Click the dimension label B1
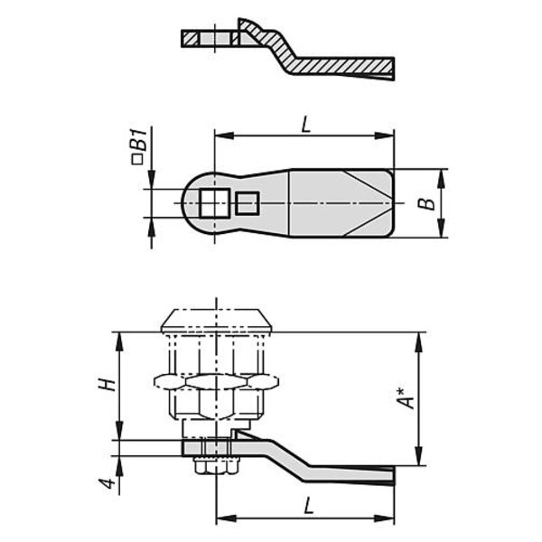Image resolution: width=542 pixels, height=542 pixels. coord(141,140)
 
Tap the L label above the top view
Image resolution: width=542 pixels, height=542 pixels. coord(306,125)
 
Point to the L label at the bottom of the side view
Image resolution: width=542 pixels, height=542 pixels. coord(308,506)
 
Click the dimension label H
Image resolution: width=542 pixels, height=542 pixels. coord(107,385)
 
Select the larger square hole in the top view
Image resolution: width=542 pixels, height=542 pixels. coord(215,203)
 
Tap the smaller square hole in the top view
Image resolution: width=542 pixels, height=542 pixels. coord(248,203)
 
